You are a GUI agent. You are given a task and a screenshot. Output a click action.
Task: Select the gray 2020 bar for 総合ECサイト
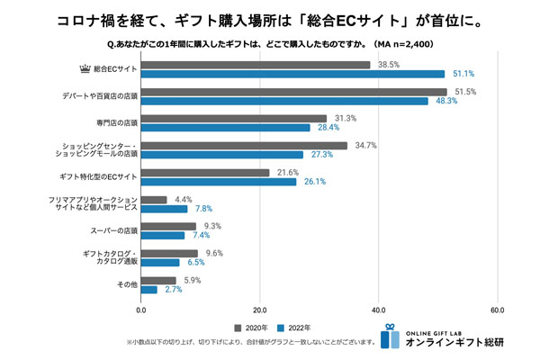coord(256,65)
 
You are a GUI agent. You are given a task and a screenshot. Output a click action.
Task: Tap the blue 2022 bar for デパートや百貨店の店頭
coord(284,101)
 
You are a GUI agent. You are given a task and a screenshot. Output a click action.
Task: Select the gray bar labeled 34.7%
coord(244,145)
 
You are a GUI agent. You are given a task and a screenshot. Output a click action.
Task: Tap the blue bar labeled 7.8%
coord(164,208)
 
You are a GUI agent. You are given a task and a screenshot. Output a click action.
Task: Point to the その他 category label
coord(124,284)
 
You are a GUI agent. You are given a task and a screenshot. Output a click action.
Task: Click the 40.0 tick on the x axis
coord(378,310)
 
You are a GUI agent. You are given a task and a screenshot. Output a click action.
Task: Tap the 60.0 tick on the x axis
coord(497,310)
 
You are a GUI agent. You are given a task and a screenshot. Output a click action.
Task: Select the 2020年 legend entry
coord(254,327)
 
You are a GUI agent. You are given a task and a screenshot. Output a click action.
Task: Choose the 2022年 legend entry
coord(296,327)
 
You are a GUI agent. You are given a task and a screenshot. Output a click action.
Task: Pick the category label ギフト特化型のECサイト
coord(94,176)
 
